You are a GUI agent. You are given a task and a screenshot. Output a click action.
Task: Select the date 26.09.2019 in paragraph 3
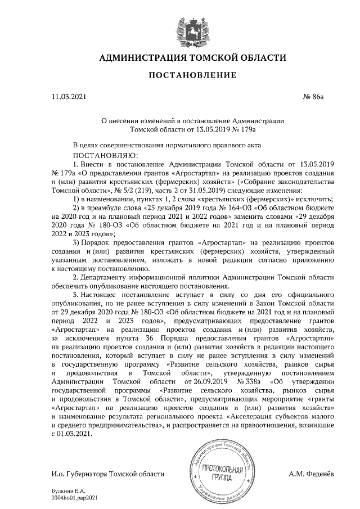(x=192, y=381)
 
